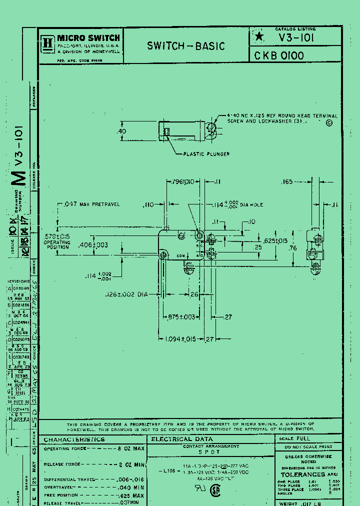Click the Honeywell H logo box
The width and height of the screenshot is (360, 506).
48,42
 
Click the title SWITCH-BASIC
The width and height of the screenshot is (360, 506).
185,46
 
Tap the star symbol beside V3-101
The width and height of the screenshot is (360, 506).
258,36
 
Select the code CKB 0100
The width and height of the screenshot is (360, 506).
279,55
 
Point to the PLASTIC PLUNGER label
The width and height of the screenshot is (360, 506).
206,154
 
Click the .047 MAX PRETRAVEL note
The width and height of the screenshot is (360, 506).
91,204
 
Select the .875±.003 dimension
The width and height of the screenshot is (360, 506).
181,317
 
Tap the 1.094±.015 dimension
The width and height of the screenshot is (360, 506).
183,339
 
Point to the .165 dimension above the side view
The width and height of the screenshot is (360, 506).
287,182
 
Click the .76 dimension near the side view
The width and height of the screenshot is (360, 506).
294,248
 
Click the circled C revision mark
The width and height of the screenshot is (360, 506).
329,123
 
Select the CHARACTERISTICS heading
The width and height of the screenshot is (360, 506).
74,439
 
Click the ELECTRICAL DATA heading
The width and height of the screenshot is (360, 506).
178,439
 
